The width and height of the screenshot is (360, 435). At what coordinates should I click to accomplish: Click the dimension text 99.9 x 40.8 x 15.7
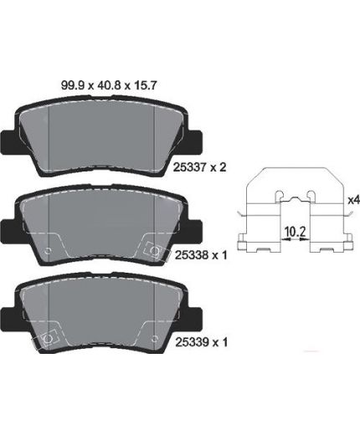109,85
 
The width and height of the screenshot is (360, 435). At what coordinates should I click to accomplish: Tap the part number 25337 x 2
199,167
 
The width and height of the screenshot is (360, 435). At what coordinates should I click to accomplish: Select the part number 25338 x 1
201,255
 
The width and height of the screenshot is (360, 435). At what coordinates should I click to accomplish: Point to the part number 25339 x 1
201,342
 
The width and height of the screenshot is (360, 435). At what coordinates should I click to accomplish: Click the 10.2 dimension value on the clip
296,231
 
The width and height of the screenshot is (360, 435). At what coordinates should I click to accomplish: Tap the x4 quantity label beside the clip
354,200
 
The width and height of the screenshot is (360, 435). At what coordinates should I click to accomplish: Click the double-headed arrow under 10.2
296,239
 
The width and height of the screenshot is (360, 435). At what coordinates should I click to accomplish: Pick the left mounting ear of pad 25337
8,142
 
